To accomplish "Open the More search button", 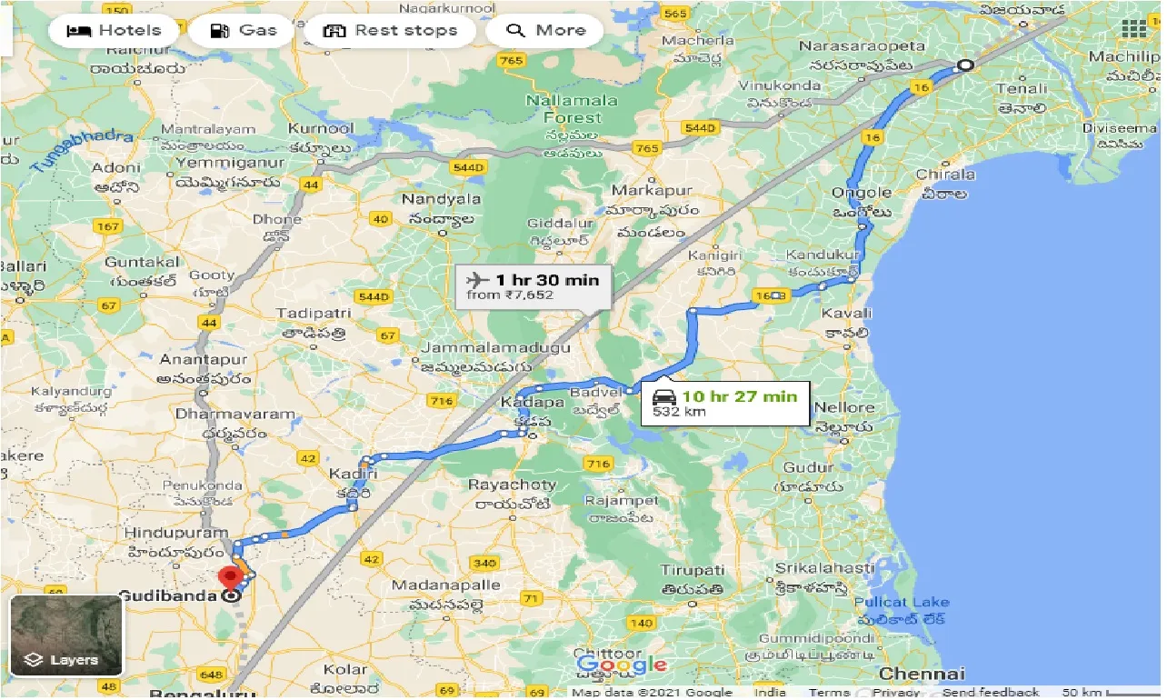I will tap(544, 31).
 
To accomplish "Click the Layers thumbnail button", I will tap(66, 635).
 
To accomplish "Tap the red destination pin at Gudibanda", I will tap(231, 576).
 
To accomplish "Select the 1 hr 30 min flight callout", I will tap(533, 285).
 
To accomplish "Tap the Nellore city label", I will tap(844, 407).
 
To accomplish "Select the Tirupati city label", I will tap(693, 571).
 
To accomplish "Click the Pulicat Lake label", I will tap(902, 602).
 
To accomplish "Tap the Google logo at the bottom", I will tap(622, 665).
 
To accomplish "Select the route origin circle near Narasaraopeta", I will tap(965, 65).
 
